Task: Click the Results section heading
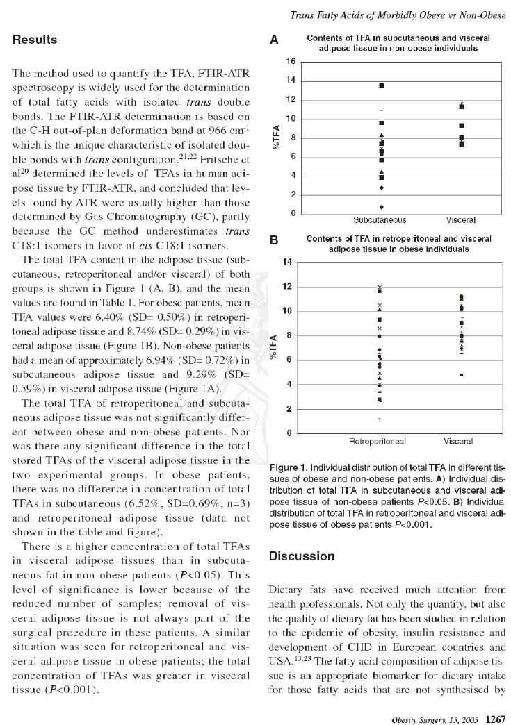[35, 40]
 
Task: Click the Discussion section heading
[302, 556]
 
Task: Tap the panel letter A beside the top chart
[274, 40]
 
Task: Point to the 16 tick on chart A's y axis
[291, 61]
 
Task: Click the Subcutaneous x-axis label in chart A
[380, 220]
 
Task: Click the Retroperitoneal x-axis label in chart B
[377, 441]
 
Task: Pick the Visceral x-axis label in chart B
[458, 441]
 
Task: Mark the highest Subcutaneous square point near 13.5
[381, 85]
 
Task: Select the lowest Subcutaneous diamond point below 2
[381, 207]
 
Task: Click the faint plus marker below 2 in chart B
[380, 419]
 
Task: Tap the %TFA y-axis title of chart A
[277, 137]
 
